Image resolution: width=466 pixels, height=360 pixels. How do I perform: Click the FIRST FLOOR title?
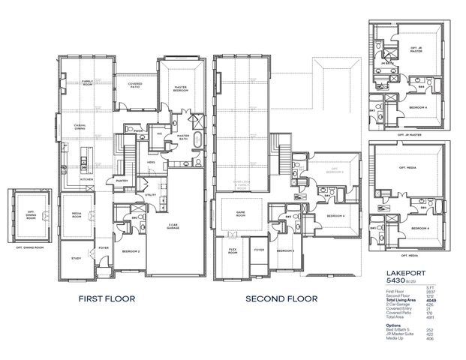coord(107,298)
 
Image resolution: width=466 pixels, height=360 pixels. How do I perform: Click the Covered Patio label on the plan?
coord(135,85)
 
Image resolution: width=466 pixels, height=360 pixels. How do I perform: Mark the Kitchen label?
coord(87,180)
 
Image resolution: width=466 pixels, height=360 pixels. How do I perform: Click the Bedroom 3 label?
coord(285,250)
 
